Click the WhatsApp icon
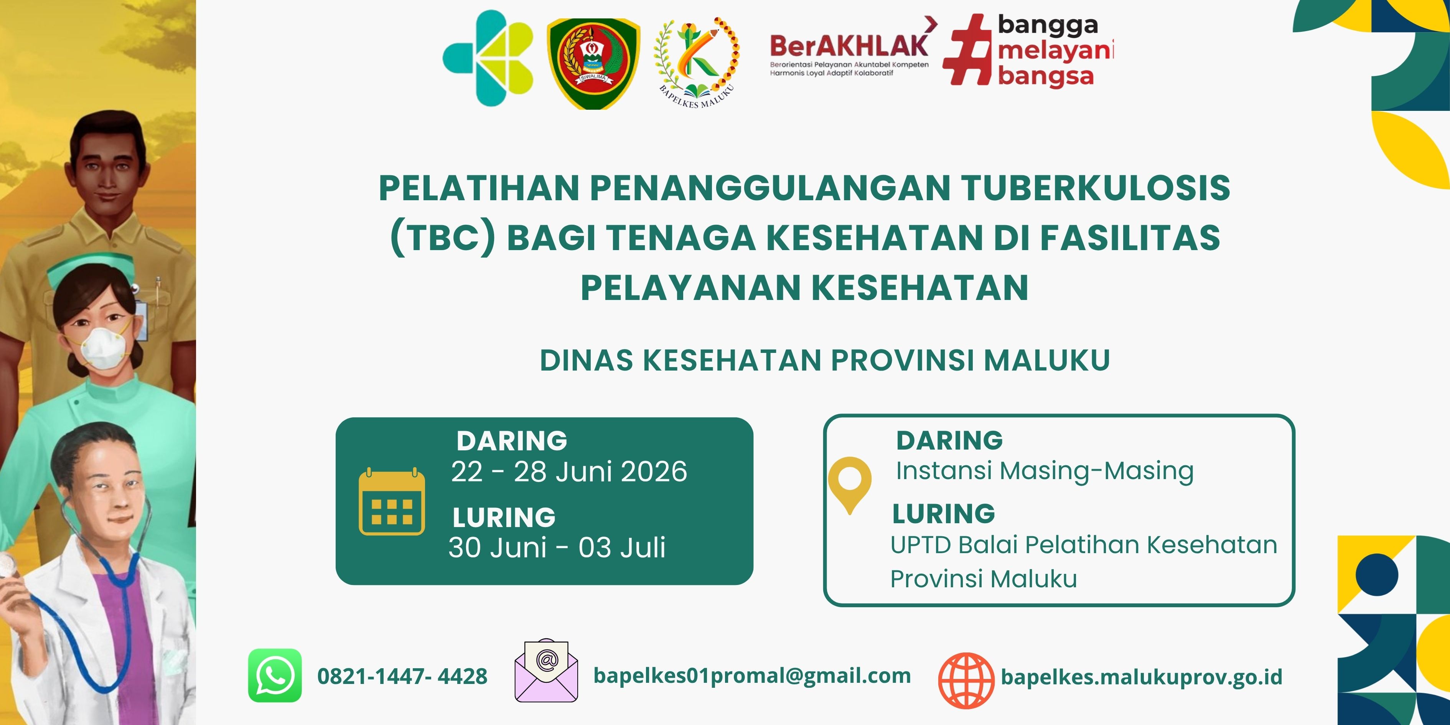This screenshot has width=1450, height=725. (275, 676)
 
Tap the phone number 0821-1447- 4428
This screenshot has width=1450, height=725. (402, 676)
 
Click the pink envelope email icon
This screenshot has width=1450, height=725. (546, 671)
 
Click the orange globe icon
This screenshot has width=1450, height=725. (966, 681)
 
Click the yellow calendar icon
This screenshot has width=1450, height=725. (392, 501)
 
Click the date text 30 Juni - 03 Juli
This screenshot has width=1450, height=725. (557, 547)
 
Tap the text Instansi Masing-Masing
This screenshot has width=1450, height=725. (1045, 471)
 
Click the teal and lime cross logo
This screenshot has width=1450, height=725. (488, 58)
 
